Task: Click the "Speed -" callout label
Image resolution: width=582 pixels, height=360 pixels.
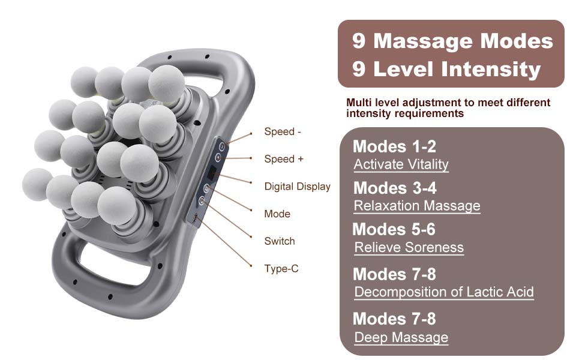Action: pos(283,131)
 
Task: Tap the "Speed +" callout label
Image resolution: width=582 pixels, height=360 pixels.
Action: pos(284,159)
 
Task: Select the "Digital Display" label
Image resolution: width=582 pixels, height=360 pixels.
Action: pos(297,187)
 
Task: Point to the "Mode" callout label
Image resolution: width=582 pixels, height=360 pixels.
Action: pos(277,214)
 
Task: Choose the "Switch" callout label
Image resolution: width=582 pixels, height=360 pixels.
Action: pos(279,241)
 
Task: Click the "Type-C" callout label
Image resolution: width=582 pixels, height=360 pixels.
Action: pos(281,268)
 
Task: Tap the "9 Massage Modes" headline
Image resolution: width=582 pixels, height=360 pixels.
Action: pos(452,41)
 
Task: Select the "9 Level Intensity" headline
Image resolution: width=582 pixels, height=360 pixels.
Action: pos(446,70)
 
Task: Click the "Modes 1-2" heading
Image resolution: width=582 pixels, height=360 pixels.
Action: pos(394,146)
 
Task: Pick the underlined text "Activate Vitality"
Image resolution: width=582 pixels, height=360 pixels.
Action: pos(401,164)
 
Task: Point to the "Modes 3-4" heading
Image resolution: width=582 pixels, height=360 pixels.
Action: pos(395,188)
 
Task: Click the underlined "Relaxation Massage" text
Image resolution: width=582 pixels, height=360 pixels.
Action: pos(417,206)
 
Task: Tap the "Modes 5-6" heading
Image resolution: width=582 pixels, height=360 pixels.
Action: pos(394,229)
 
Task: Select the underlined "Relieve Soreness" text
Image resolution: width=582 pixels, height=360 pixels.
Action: pos(409,248)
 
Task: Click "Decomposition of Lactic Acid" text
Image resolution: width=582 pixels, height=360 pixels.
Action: pos(444,292)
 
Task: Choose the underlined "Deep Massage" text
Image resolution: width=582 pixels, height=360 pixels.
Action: pos(401,338)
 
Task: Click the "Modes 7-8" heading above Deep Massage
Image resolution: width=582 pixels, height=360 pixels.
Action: pos(394,319)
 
